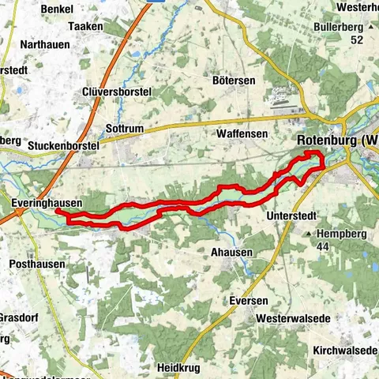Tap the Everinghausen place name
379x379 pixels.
coord(47,203)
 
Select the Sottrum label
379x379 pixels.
coord(124,127)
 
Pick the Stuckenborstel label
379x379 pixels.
coord(62,146)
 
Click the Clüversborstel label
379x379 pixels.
coord(117,92)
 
